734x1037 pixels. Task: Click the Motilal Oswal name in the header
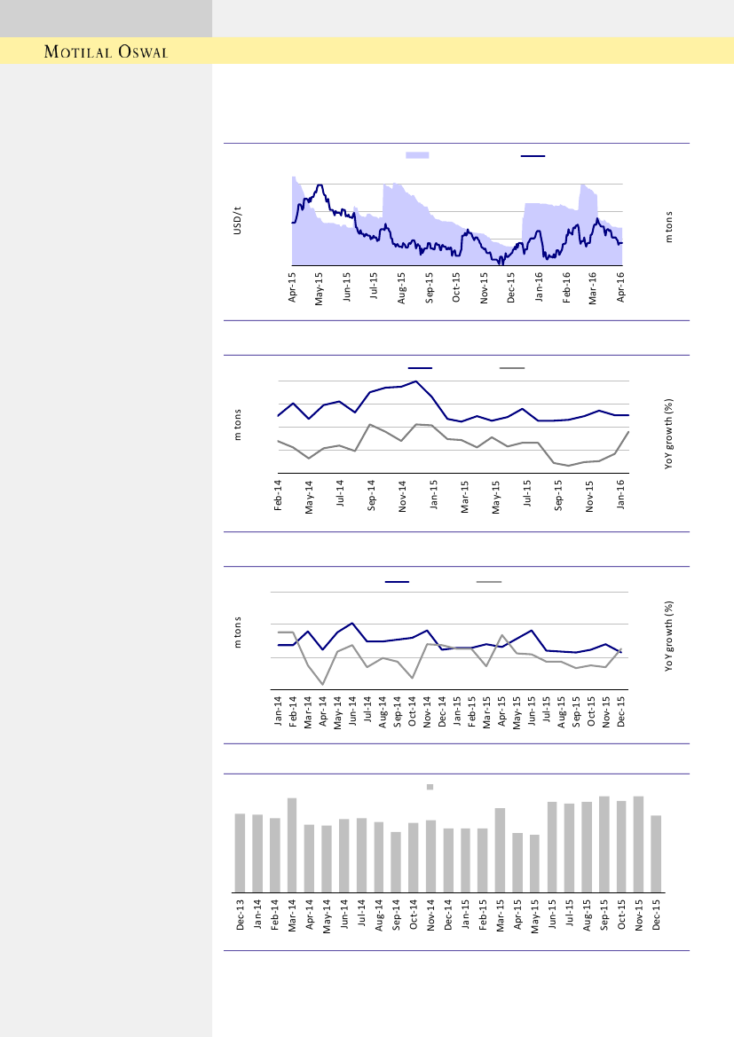click(107, 51)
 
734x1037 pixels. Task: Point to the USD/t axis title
click(237, 220)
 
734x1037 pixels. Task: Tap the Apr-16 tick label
click(620, 287)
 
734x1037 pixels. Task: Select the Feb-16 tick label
click(566, 287)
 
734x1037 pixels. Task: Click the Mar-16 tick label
click(593, 287)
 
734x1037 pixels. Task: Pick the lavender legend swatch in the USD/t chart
click(417, 155)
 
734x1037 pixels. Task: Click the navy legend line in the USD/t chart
click(533, 155)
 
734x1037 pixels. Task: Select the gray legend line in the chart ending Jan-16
click(512, 367)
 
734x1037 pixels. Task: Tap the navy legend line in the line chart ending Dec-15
click(397, 582)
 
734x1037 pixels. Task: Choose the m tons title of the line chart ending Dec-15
click(237, 632)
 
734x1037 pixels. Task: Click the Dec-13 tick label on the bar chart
click(240, 915)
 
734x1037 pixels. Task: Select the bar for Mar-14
click(292, 845)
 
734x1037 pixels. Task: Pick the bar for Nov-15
click(638, 844)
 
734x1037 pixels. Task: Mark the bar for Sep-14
click(396, 861)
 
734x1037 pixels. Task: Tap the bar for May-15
click(534, 863)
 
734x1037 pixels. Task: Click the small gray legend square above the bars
click(430, 786)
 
